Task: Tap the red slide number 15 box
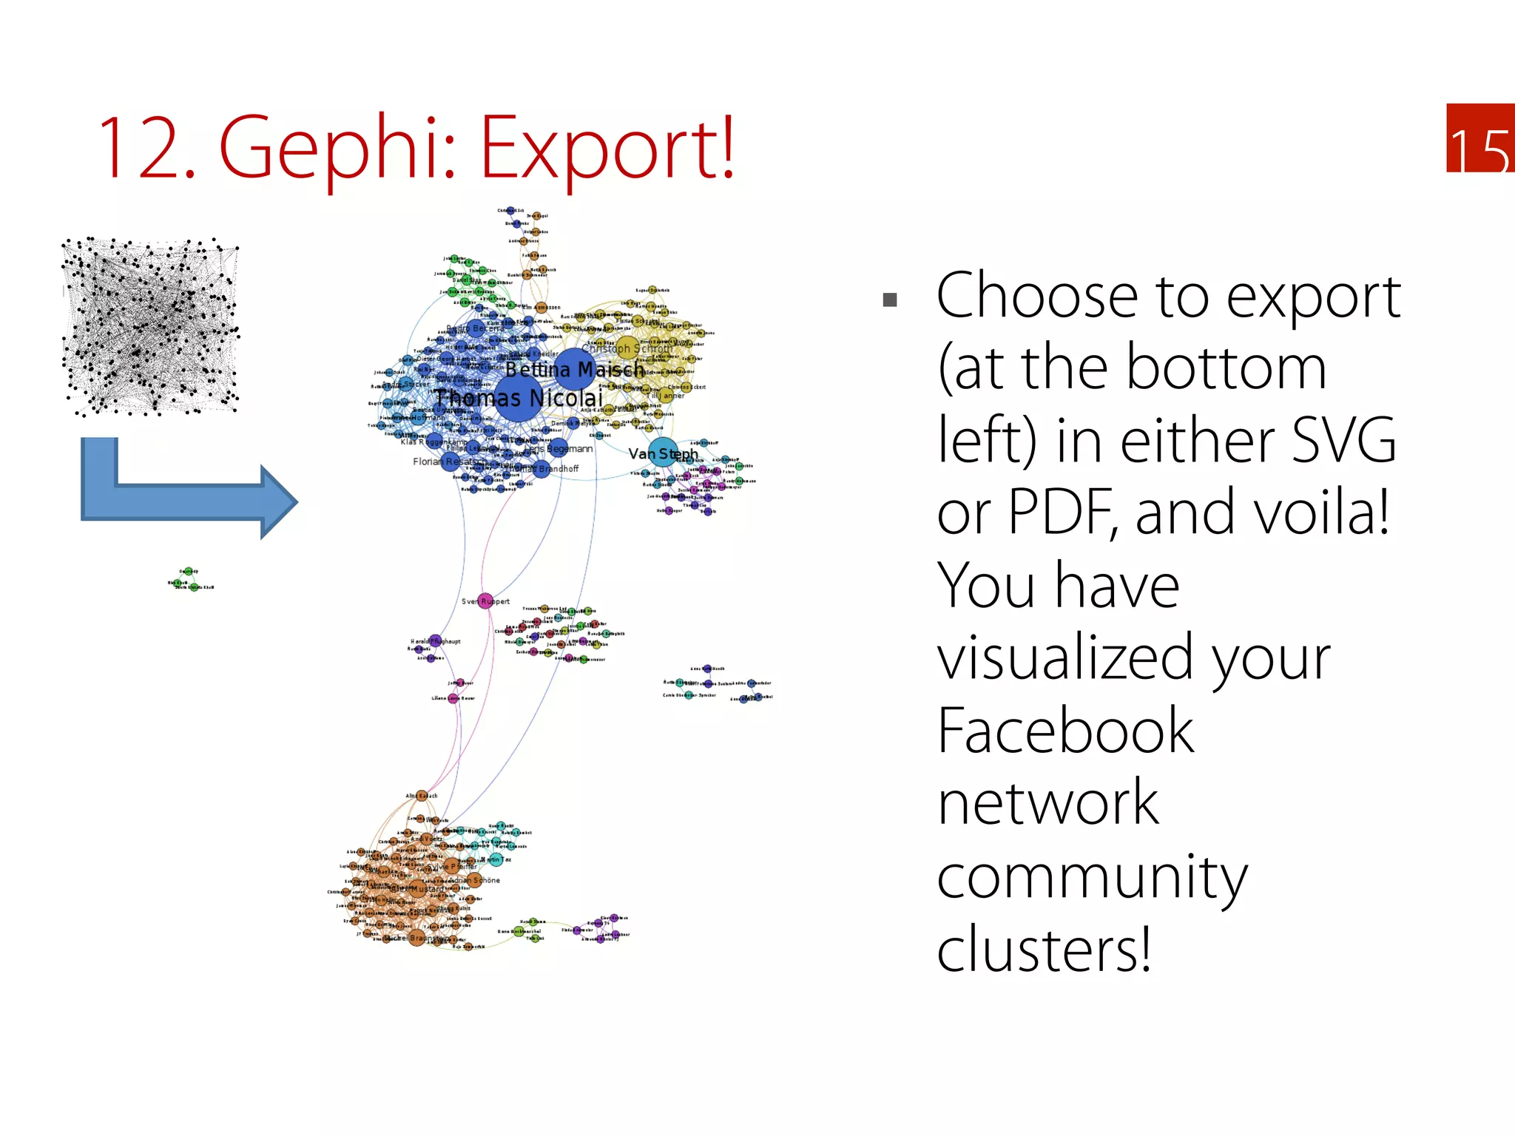point(1479,138)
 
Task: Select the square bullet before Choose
point(890,300)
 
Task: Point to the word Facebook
point(1065,731)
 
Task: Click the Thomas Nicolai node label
point(518,398)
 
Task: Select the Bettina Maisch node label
point(575,369)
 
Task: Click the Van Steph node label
point(663,453)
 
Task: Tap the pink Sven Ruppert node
point(485,601)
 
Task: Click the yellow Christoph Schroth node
point(627,348)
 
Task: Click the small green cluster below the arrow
point(189,579)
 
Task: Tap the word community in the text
point(1092,877)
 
